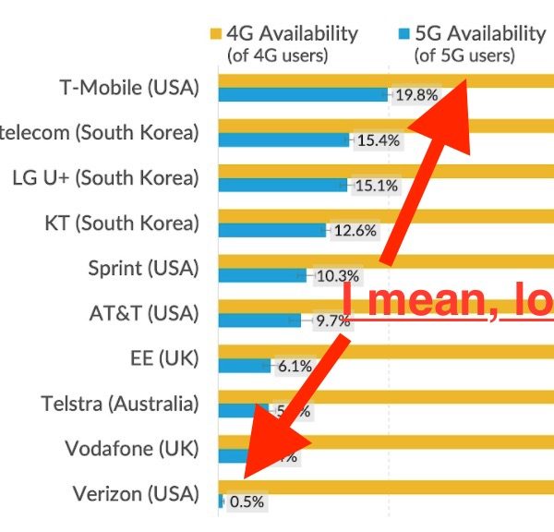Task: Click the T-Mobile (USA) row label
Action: point(129,89)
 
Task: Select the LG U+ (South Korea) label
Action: point(105,178)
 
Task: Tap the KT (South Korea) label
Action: point(122,224)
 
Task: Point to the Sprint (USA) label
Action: point(143,269)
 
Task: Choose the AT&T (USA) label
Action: point(138,313)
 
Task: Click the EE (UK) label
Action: point(165,358)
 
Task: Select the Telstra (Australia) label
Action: point(120,404)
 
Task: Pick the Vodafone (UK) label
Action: point(132,449)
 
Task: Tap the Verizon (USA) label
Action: point(136,494)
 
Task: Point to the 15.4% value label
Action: point(377,140)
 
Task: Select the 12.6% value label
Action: point(355,231)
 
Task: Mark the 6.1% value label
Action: point(295,366)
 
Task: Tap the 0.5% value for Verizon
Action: point(247,502)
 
